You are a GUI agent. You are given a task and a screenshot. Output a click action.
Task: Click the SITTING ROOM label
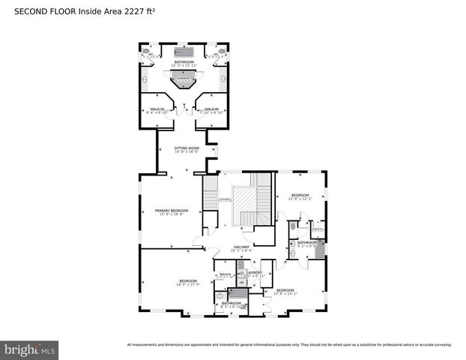(x=187, y=148)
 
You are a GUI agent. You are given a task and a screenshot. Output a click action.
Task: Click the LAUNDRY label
(x=254, y=272)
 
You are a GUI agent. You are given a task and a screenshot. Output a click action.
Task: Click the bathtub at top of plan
(x=184, y=52)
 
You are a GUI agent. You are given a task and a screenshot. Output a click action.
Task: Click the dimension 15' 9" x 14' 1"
(x=285, y=293)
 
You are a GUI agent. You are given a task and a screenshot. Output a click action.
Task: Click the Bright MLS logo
(x=29, y=349)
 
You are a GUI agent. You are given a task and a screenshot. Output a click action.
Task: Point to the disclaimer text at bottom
(x=289, y=344)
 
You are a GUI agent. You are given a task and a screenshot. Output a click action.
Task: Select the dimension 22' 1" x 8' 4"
(x=240, y=250)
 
